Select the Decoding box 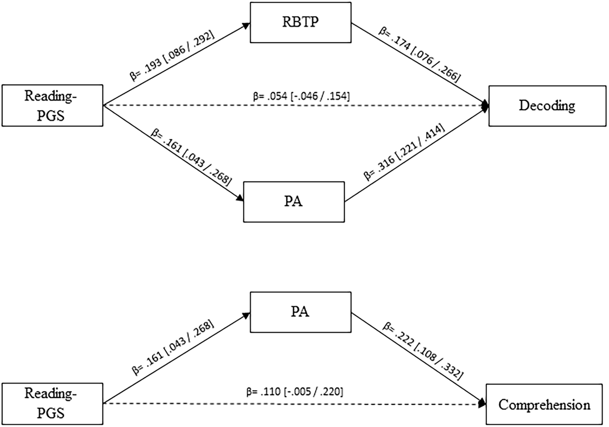coord(547,106)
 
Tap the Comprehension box coord(544,404)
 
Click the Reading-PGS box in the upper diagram coord(52,105)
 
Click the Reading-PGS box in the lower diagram coord(52,403)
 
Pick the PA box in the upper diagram coord(294,201)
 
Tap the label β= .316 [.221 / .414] coord(405,153)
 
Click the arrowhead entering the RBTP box coord(246,26)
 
